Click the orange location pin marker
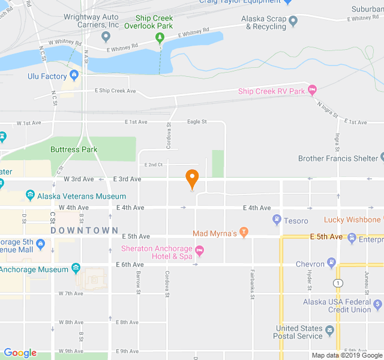click(x=192, y=178)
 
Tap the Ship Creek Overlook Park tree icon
click(x=160, y=38)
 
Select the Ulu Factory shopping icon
click(x=74, y=76)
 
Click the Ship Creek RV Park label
click(x=271, y=91)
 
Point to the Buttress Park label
click(x=74, y=149)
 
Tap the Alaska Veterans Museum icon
click(x=31, y=196)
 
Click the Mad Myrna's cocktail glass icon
click(x=244, y=232)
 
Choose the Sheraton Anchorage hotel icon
click(x=200, y=250)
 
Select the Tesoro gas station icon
click(x=277, y=220)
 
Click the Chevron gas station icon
click(x=331, y=263)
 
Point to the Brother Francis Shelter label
click(x=338, y=158)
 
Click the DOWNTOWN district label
click(x=85, y=230)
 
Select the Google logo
click(x=20, y=353)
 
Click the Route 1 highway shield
click(x=340, y=282)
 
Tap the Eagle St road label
click(x=197, y=122)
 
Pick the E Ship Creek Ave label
click(x=115, y=91)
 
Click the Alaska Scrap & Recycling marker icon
click(x=293, y=22)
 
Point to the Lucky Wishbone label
click(x=352, y=220)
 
